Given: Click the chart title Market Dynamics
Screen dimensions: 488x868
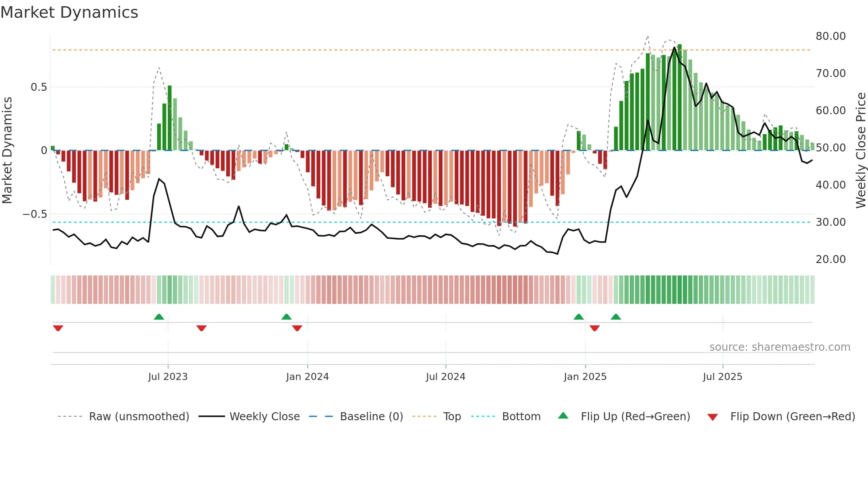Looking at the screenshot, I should pyautogui.click(x=70, y=12).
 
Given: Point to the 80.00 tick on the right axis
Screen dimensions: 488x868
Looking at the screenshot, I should pyautogui.click(x=830, y=36).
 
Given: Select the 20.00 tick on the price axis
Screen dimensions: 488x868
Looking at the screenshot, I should pyautogui.click(x=830, y=259).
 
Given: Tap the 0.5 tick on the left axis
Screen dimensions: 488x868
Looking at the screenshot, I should pyautogui.click(x=39, y=87).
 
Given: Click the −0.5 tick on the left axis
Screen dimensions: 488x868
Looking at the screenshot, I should pyautogui.click(x=35, y=214).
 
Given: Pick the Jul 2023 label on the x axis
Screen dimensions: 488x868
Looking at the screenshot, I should pyautogui.click(x=168, y=377).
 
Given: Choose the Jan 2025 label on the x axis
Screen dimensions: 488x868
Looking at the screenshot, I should pyautogui.click(x=585, y=377).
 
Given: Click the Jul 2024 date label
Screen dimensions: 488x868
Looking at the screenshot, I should pyautogui.click(x=446, y=377).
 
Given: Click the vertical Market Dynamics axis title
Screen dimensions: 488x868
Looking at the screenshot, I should pyautogui.click(x=7, y=151).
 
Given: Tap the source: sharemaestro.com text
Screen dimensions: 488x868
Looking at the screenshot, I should pyautogui.click(x=779, y=347).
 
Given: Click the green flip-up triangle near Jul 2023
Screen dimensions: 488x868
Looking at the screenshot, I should pyautogui.click(x=159, y=317).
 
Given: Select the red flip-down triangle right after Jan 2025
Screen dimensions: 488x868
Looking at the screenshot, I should pyautogui.click(x=595, y=328).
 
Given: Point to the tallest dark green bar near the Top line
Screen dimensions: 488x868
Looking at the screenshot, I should pyautogui.click(x=679, y=97).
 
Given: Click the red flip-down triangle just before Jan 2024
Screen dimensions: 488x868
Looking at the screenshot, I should pyautogui.click(x=297, y=328).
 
